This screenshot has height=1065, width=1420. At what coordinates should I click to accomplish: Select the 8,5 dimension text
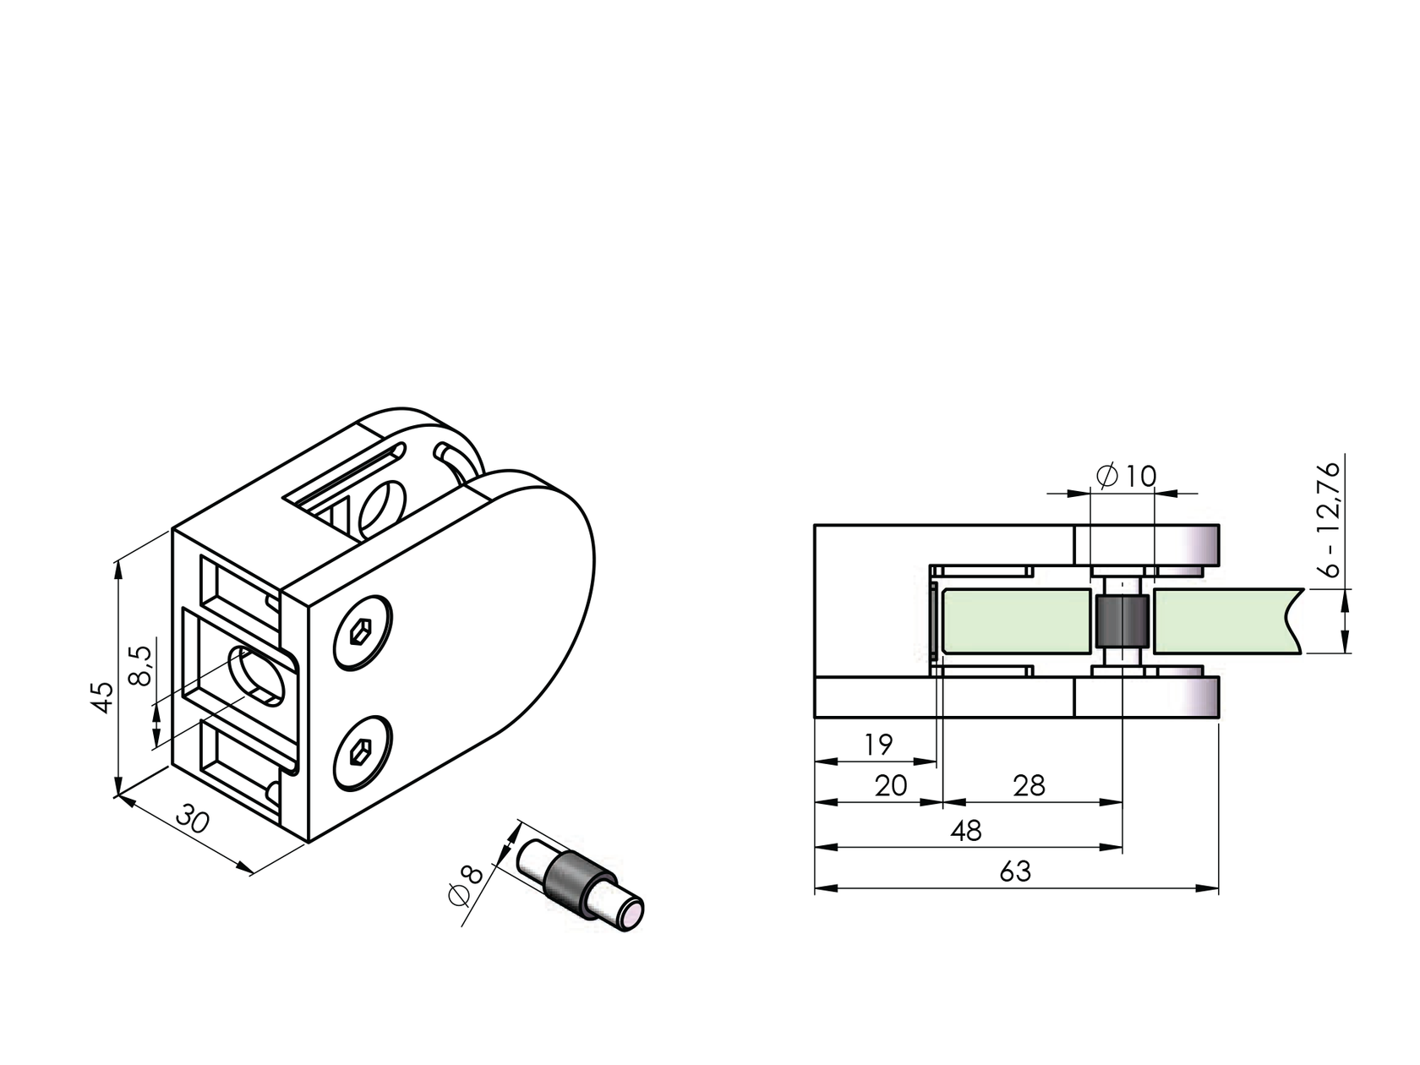pos(139,665)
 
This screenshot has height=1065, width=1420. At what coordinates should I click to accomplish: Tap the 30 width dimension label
pos(193,819)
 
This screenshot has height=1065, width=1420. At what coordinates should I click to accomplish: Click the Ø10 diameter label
pos(1127,477)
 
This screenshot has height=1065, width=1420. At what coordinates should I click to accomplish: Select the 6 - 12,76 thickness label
pos(1330,517)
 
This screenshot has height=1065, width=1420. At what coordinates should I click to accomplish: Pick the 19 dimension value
pos(878,745)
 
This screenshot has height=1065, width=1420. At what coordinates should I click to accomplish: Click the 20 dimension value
pos(890,786)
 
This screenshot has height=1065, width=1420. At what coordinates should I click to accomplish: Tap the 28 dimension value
pos(1029,786)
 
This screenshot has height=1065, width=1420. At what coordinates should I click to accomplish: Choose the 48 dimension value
pos(965,831)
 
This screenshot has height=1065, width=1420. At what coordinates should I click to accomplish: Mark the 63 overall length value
pos(1014,871)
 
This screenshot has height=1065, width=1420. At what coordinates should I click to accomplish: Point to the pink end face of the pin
pos(630,915)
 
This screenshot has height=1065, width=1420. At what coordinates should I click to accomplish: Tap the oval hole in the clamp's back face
pos(258,676)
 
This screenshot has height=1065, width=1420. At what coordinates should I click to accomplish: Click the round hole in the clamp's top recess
pos(382,510)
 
